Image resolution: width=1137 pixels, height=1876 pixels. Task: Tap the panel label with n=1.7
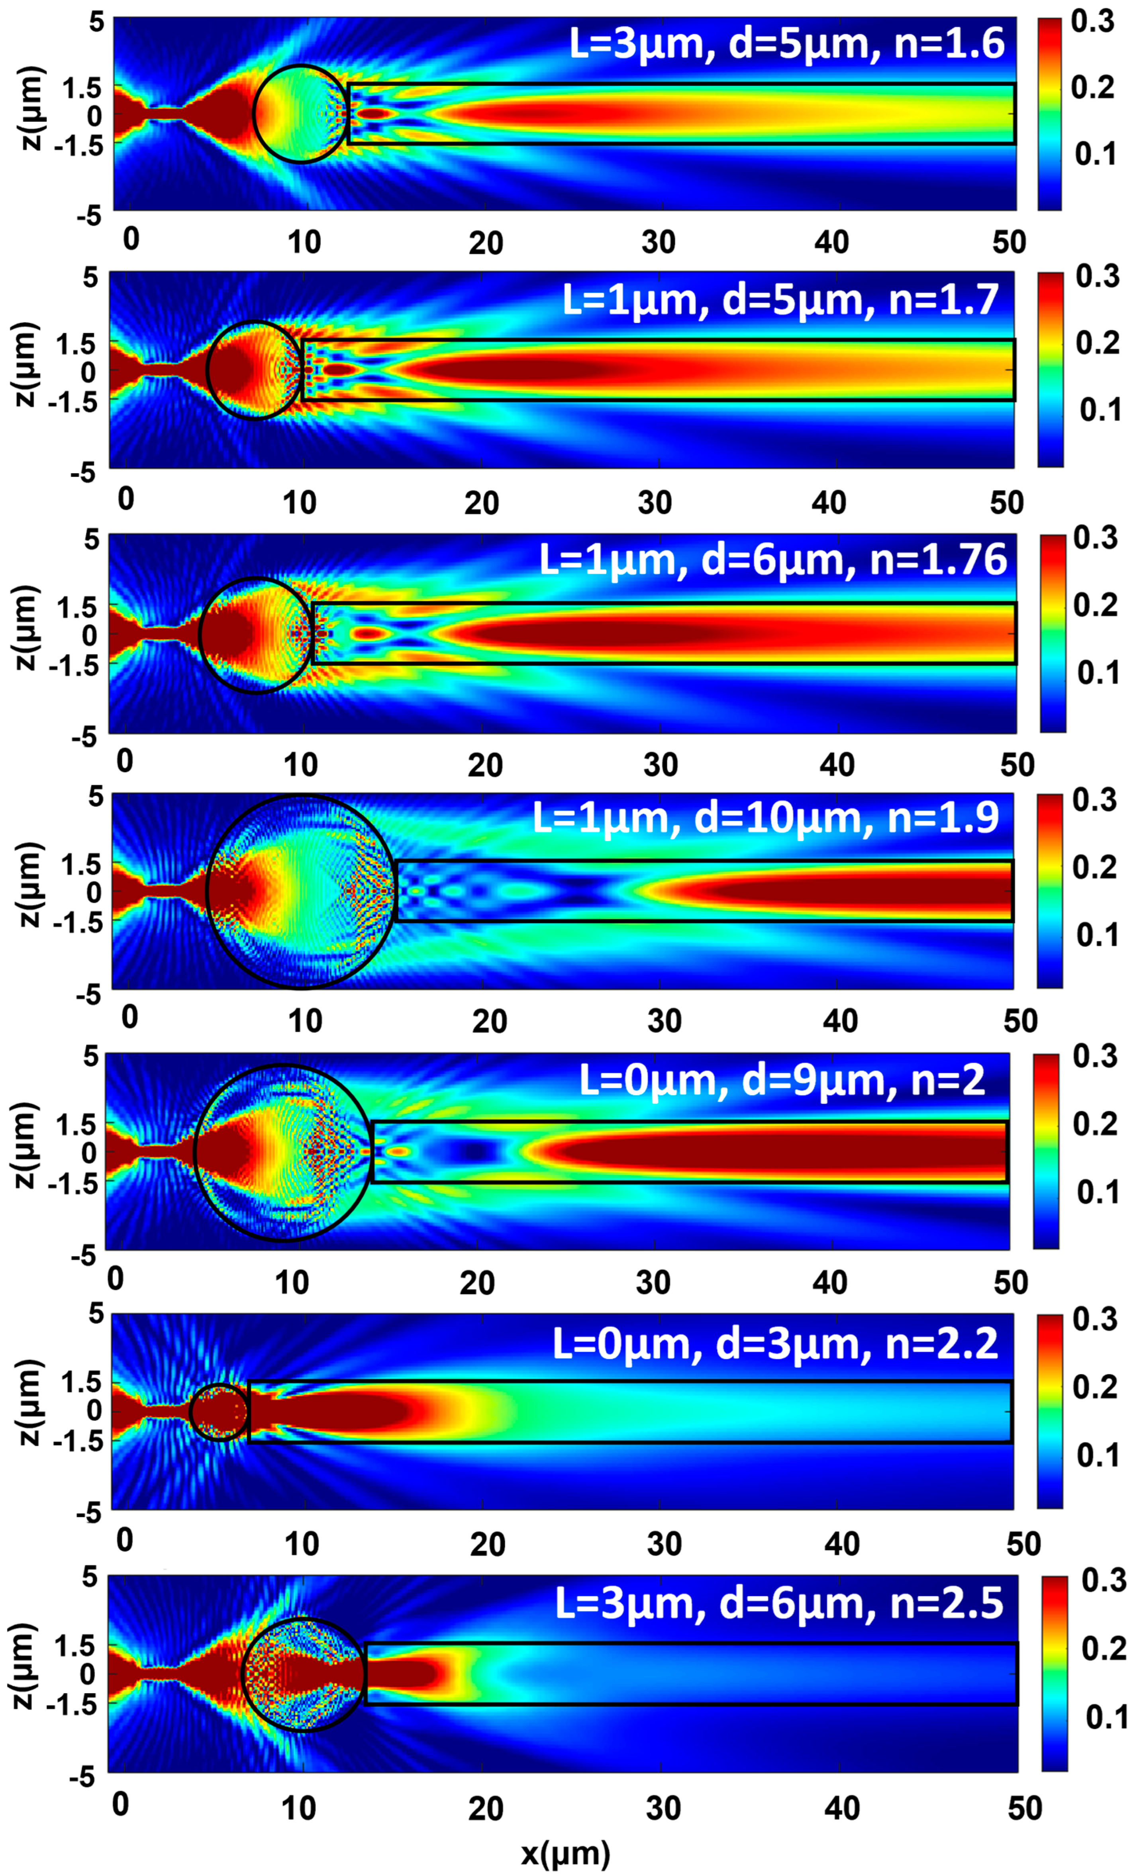point(780,299)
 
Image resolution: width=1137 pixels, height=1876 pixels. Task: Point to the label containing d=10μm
point(765,818)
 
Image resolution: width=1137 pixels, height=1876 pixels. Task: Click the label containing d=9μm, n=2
point(782,1080)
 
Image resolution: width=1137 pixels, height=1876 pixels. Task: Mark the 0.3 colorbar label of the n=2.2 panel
point(1094,1320)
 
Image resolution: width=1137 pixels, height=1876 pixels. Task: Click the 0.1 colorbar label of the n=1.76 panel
point(1098,672)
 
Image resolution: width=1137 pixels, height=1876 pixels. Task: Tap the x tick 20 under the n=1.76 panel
point(485,765)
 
